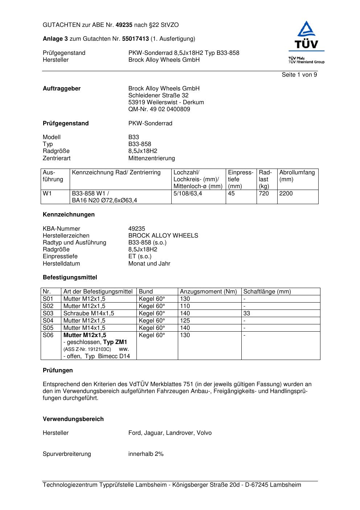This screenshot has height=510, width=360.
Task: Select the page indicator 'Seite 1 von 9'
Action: pos(299,75)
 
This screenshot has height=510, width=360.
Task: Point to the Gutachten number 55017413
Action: pos(135,39)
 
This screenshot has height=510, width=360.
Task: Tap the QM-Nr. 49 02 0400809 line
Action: pos(159,109)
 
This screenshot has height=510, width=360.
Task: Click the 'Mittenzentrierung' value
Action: pos(151,158)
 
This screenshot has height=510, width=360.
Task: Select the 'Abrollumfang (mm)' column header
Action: pos(297,176)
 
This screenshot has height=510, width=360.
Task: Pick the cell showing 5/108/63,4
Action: pos(188,194)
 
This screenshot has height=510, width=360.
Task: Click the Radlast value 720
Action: pos(264,194)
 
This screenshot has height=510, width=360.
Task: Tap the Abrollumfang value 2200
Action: pos(286,194)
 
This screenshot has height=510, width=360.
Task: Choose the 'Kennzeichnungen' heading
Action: pos(69,215)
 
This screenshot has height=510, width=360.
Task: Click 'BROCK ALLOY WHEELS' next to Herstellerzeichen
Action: pos(163,236)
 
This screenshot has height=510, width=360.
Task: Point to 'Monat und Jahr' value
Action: pos(149,264)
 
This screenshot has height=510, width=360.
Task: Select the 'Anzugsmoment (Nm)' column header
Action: pos(208,292)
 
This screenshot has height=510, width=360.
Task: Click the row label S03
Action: pos(48,313)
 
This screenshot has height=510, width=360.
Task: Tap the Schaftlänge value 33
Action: pos(247,313)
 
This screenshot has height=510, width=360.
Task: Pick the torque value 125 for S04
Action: pos(185,321)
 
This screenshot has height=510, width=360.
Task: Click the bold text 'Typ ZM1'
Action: pos(115,342)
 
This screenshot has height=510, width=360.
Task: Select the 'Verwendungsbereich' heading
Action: pos(73,419)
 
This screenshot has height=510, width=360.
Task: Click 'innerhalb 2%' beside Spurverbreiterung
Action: pos(146,454)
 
